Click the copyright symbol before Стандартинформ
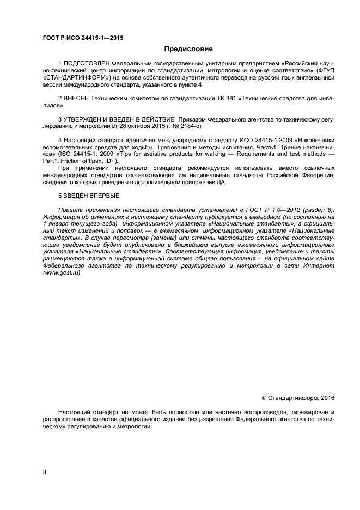coord(265,399)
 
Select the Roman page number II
coord(44,472)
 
